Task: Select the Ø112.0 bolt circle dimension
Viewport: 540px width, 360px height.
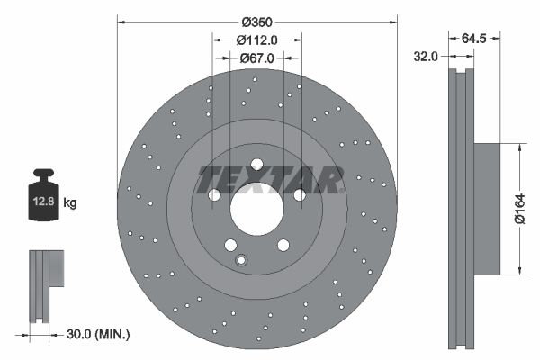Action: point(257,39)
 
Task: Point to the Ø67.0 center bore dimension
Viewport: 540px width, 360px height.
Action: point(257,58)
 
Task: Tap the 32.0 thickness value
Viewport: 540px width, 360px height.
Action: point(426,56)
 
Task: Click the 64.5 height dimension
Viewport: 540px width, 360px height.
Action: point(474,39)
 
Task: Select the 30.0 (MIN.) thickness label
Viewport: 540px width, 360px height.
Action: point(100,334)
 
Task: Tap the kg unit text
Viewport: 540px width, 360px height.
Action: point(70,203)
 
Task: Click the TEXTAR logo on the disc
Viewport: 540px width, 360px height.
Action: point(270,179)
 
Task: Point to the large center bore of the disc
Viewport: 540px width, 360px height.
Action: point(256,209)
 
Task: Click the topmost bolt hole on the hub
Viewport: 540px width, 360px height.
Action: point(256,165)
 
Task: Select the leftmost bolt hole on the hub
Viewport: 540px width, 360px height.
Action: point(214,195)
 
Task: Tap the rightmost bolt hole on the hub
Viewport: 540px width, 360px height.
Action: point(299,195)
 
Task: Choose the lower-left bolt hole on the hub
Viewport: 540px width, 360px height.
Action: point(230,245)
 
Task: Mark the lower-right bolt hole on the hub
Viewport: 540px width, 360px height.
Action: point(283,245)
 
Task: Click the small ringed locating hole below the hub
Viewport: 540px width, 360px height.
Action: point(240,261)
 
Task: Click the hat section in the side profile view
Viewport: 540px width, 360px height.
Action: point(486,209)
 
